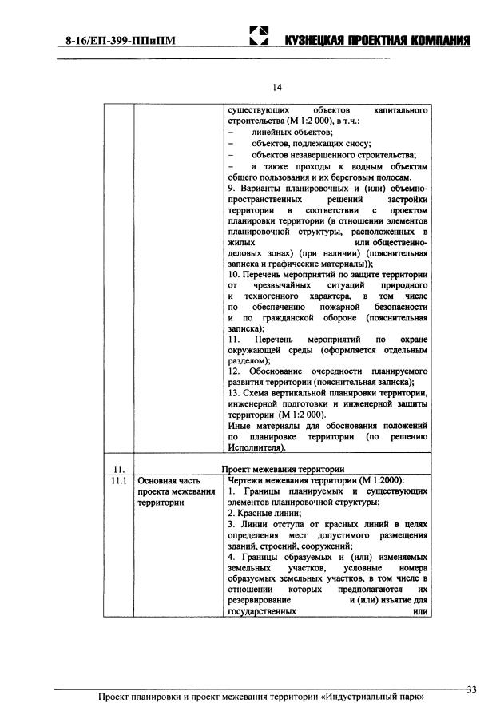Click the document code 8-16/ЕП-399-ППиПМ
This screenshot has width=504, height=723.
(117, 39)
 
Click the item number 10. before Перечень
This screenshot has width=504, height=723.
(234, 275)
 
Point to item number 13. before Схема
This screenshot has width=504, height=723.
(234, 394)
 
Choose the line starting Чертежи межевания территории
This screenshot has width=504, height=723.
(315, 480)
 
